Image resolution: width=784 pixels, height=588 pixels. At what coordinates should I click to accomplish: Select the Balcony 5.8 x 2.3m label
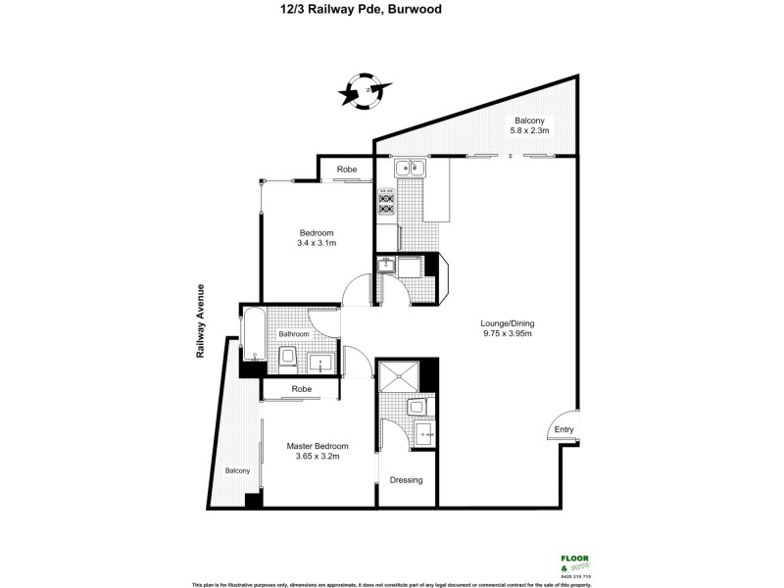click(530, 124)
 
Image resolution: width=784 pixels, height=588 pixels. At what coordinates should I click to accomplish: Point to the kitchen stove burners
click(386, 203)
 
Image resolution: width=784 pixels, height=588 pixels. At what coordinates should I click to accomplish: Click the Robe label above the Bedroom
click(347, 170)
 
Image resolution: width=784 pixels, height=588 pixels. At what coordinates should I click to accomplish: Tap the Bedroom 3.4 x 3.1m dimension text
click(317, 237)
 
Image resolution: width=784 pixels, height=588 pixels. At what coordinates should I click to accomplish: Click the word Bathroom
click(294, 334)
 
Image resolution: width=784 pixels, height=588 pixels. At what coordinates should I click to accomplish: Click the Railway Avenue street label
click(199, 322)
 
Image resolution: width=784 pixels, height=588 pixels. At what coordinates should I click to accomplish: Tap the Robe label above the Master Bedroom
click(301, 389)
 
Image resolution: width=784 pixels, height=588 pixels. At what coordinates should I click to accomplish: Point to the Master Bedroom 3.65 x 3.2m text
click(318, 452)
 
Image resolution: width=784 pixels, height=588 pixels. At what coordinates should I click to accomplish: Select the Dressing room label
click(406, 480)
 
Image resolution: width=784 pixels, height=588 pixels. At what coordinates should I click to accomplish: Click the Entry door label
click(563, 430)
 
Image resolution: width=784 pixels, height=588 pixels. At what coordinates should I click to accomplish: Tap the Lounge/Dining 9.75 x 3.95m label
click(507, 328)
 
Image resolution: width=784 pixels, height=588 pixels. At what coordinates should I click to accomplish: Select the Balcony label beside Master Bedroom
click(238, 470)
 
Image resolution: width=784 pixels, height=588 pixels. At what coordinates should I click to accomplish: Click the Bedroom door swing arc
click(357, 291)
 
